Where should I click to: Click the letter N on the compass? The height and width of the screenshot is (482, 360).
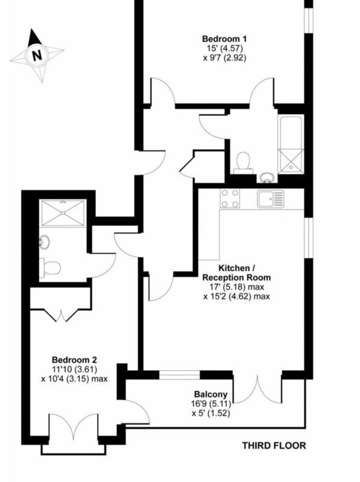point(37,55)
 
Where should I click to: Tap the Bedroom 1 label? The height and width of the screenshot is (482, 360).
point(224,39)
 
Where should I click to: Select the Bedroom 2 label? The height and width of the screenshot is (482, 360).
point(74,360)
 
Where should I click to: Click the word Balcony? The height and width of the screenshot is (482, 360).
point(211,395)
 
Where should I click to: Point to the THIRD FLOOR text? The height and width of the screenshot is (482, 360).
point(274,445)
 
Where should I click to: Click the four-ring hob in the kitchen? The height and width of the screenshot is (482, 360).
point(230,198)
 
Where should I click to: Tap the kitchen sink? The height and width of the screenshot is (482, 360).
point(271,199)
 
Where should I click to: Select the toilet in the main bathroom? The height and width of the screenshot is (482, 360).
point(244,163)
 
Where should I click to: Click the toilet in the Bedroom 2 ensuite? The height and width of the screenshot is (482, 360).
point(50,267)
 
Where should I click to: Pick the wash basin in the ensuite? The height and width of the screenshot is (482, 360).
point(44,242)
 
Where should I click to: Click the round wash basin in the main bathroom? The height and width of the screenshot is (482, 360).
point(267,177)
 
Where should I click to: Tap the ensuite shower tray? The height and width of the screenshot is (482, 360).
point(63,213)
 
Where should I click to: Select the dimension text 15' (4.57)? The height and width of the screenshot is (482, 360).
point(224,48)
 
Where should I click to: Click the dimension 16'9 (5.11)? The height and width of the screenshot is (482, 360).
point(210,404)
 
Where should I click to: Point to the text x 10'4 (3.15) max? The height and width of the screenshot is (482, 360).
point(74,378)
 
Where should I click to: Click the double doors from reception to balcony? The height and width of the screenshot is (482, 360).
point(257,388)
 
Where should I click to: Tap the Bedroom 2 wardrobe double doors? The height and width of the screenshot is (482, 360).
point(61,315)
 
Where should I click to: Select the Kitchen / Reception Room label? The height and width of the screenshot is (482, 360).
point(236,273)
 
